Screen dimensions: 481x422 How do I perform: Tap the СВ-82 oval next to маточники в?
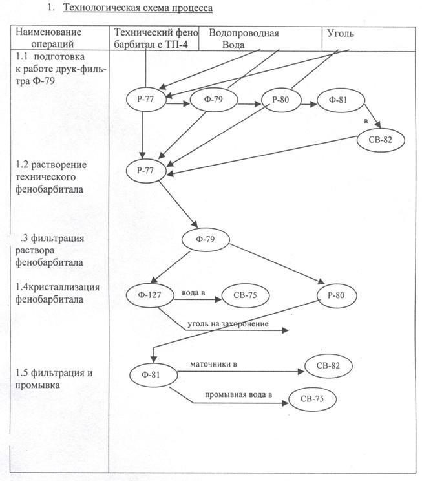click(330, 367)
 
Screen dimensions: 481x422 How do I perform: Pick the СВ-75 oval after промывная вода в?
click(313, 398)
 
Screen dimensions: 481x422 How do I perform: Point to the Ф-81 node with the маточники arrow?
click(153, 374)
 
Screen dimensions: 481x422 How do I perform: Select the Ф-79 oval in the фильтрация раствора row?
click(206, 240)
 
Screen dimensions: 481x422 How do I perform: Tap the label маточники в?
click(213, 365)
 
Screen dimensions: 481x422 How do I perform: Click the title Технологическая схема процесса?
click(137, 8)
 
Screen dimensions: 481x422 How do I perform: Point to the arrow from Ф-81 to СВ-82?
click(239, 372)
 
